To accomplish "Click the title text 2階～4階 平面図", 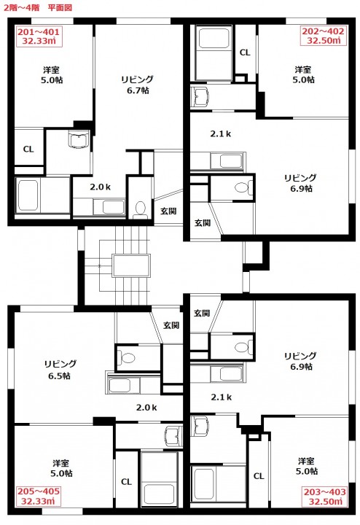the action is [x=38, y=7].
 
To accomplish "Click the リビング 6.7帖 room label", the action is [x=138, y=85].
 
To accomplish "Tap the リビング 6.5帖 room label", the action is [x=60, y=370].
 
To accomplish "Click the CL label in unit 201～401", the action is [x=28, y=149].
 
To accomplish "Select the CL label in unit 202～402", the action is [x=245, y=52].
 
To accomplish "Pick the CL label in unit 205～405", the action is [x=126, y=482].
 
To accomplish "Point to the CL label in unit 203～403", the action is [x=259, y=475].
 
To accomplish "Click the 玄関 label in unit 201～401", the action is [x=168, y=211].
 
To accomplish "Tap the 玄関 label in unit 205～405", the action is [x=171, y=325].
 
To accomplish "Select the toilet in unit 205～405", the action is [x=128, y=358].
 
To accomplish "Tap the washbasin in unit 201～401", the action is [x=79, y=139].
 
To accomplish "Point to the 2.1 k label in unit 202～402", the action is [x=221, y=134].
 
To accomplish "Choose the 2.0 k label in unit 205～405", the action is [x=146, y=408].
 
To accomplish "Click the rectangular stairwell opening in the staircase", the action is [x=131, y=265].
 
